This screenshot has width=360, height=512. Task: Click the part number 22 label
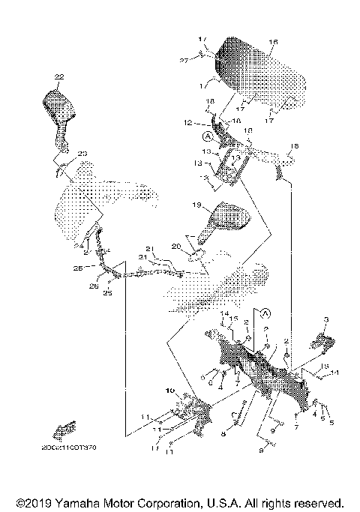point(59,77)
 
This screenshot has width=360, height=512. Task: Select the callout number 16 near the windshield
point(273,42)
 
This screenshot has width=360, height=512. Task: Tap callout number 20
point(177,246)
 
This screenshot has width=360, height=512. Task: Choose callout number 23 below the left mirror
point(82,154)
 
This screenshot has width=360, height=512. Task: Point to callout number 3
point(325,320)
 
